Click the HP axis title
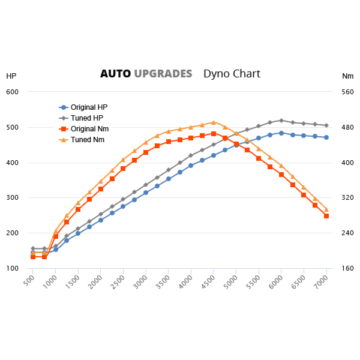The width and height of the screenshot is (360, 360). (11, 76)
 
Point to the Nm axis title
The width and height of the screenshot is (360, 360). (347, 76)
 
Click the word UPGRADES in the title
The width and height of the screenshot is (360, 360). (163, 74)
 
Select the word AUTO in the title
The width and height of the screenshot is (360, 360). (115, 74)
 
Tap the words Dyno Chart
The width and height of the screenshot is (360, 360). (232, 74)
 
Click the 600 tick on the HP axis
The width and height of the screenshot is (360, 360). (13, 92)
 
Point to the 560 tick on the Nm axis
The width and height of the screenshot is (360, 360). (348, 92)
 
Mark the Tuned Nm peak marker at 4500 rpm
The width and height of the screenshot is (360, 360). (214, 122)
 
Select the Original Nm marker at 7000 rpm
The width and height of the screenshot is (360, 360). (326, 216)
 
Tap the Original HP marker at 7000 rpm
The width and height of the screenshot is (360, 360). (326, 137)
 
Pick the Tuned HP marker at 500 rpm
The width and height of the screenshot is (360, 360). (33, 248)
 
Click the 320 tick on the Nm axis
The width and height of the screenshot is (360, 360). (348, 198)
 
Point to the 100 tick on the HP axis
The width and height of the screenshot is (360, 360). (13, 268)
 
